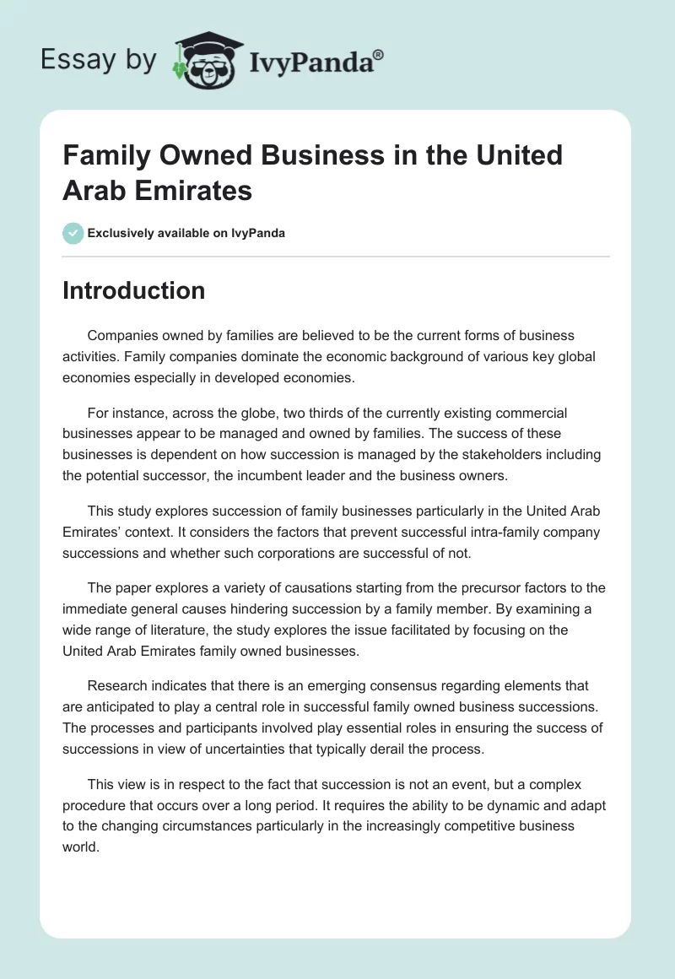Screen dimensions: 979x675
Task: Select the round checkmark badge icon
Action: [73, 233]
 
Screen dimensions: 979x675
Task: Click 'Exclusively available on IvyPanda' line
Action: [186, 233]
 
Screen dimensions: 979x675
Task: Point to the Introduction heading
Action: [133, 290]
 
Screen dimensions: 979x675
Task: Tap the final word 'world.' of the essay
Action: [82, 846]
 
